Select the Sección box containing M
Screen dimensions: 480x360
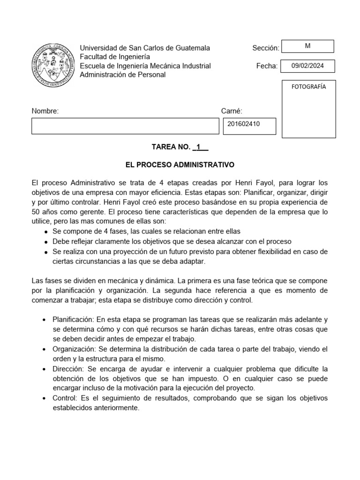click(x=307, y=46)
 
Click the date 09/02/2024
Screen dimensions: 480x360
click(x=307, y=66)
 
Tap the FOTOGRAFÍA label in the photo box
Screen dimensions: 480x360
click(x=309, y=87)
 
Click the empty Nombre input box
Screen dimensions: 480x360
click(x=125, y=126)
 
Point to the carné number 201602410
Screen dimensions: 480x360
click(x=244, y=125)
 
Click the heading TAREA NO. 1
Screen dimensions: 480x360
click(x=180, y=147)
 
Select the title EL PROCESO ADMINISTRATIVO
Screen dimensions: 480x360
click(x=180, y=165)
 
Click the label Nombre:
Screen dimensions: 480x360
click(x=45, y=111)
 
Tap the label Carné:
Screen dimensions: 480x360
click(x=232, y=111)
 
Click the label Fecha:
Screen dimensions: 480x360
click(x=267, y=66)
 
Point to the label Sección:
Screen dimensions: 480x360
click(x=265, y=48)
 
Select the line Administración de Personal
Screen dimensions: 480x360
click(x=122, y=75)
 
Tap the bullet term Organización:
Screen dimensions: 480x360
click(x=74, y=350)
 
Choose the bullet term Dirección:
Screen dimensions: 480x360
click(x=68, y=369)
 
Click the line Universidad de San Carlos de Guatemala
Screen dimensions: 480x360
click(x=145, y=48)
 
